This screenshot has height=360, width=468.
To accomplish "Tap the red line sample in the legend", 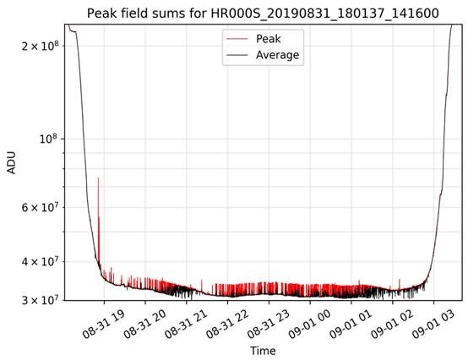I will pos(237,38).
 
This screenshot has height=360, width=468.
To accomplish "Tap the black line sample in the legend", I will pos(237,55).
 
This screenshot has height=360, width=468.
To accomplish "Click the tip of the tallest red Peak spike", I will pos(99,178).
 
